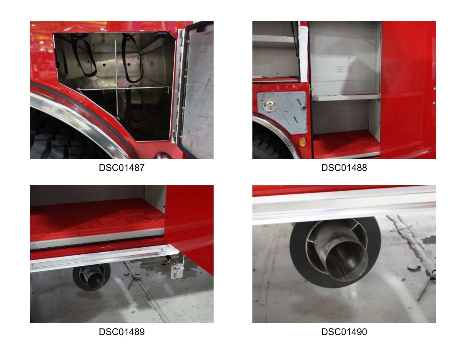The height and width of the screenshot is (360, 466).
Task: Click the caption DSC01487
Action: coord(122,168)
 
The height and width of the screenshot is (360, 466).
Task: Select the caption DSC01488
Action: coord(344,168)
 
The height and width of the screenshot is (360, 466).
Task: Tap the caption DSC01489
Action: coord(122,332)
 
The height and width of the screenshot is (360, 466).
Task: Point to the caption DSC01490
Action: coord(344,332)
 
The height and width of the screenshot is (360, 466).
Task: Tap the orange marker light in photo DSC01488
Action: coord(302,142)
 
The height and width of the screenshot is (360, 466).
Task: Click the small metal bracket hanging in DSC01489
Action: coord(178,271)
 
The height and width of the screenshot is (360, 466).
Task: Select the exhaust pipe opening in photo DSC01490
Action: coord(347,261)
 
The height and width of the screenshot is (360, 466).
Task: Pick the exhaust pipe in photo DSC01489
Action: coord(92,276)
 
